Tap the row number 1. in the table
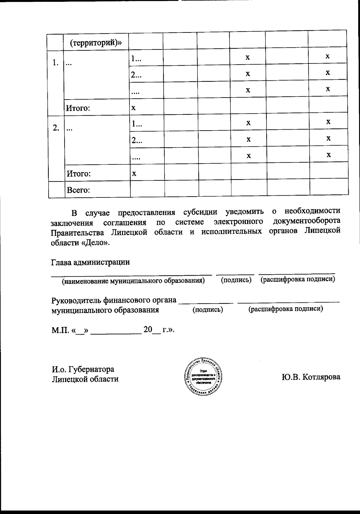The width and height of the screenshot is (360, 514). (55, 63)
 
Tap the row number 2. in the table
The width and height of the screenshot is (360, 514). (56, 128)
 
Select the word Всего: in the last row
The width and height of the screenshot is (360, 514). (78, 190)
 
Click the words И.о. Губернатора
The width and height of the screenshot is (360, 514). (83, 369)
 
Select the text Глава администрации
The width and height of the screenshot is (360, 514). (90, 262)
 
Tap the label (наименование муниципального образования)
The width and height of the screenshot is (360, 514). (133, 281)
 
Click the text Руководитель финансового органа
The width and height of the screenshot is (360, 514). (114, 300)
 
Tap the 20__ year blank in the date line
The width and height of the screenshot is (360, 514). (152, 329)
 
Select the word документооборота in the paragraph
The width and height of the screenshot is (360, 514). (307, 221)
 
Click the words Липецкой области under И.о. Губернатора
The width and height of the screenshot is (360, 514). (85, 379)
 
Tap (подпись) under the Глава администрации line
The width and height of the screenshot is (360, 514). (236, 280)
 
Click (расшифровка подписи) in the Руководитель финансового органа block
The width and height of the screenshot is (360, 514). (285, 309)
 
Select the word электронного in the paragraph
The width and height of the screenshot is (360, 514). (238, 222)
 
